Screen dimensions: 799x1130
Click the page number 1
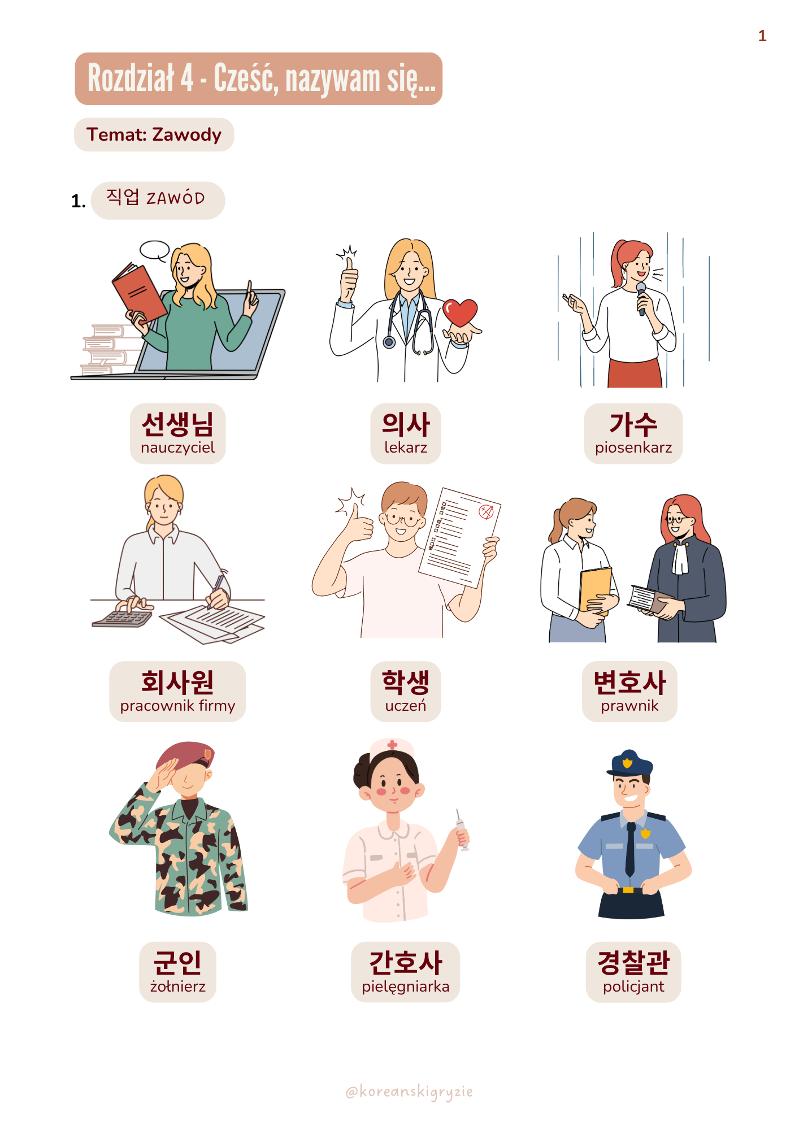point(762,36)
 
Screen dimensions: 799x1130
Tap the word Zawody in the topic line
point(187,135)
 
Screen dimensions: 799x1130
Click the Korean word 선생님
point(177,424)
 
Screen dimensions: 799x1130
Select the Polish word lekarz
point(406,447)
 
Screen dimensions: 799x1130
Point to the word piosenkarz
point(633,447)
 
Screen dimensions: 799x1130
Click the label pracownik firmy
point(177,706)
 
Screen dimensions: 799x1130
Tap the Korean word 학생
point(406,682)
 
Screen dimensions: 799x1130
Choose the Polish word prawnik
point(629,706)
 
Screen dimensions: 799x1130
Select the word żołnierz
point(177,986)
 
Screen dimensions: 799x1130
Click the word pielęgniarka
point(406,987)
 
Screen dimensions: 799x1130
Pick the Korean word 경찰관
point(633,963)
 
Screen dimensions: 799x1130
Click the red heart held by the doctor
point(460,312)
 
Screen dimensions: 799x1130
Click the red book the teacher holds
point(140,293)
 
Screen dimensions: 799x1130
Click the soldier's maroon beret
point(185,755)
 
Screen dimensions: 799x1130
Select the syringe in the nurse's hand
point(461,829)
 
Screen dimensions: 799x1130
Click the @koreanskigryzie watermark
point(409,1092)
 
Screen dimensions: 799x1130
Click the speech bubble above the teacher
point(155,250)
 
